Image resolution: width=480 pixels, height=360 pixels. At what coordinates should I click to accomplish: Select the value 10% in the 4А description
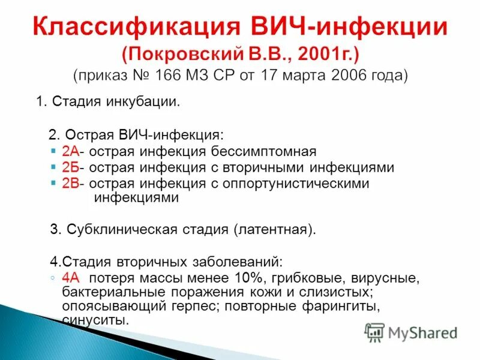[251, 278]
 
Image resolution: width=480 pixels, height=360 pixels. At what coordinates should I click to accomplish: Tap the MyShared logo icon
[375, 331]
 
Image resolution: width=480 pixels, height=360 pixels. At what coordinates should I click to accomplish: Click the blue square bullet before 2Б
[55, 168]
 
